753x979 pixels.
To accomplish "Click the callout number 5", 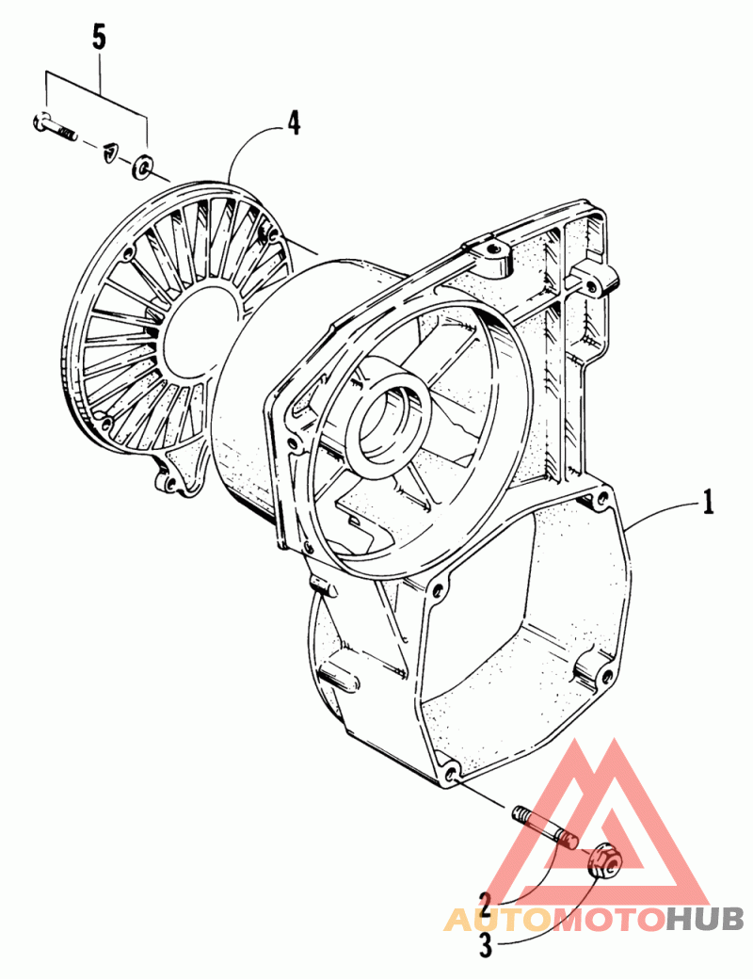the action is click(99, 38).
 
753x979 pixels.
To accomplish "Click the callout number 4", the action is click(294, 122).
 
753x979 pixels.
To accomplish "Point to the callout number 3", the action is click(486, 945).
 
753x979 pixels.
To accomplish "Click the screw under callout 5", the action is click(54, 125).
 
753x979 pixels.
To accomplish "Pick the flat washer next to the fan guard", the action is click(142, 167).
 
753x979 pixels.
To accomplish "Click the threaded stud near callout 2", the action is click(545, 827).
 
